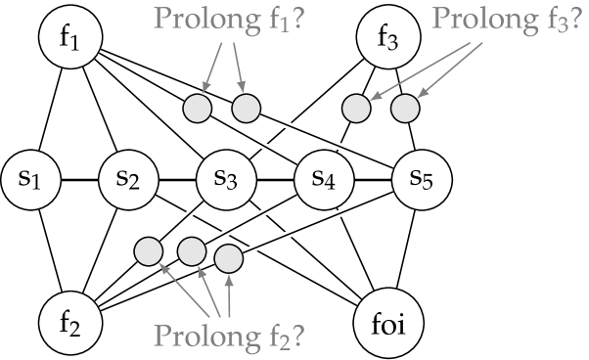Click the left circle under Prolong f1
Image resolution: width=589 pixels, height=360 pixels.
coord(198,108)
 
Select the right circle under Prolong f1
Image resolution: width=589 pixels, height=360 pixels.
coord(246,108)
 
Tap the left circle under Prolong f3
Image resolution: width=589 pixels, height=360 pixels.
coord(357,108)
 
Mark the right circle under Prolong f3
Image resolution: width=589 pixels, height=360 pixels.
coord(405,108)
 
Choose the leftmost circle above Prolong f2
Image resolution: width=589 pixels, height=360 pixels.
coord(148,251)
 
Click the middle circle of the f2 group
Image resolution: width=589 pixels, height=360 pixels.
coord(192,251)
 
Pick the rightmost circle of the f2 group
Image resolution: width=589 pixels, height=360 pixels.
coord(228,258)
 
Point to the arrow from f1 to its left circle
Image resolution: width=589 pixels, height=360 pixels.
coord(213,67)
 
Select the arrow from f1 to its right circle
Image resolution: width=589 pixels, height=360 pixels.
coord(238,67)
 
